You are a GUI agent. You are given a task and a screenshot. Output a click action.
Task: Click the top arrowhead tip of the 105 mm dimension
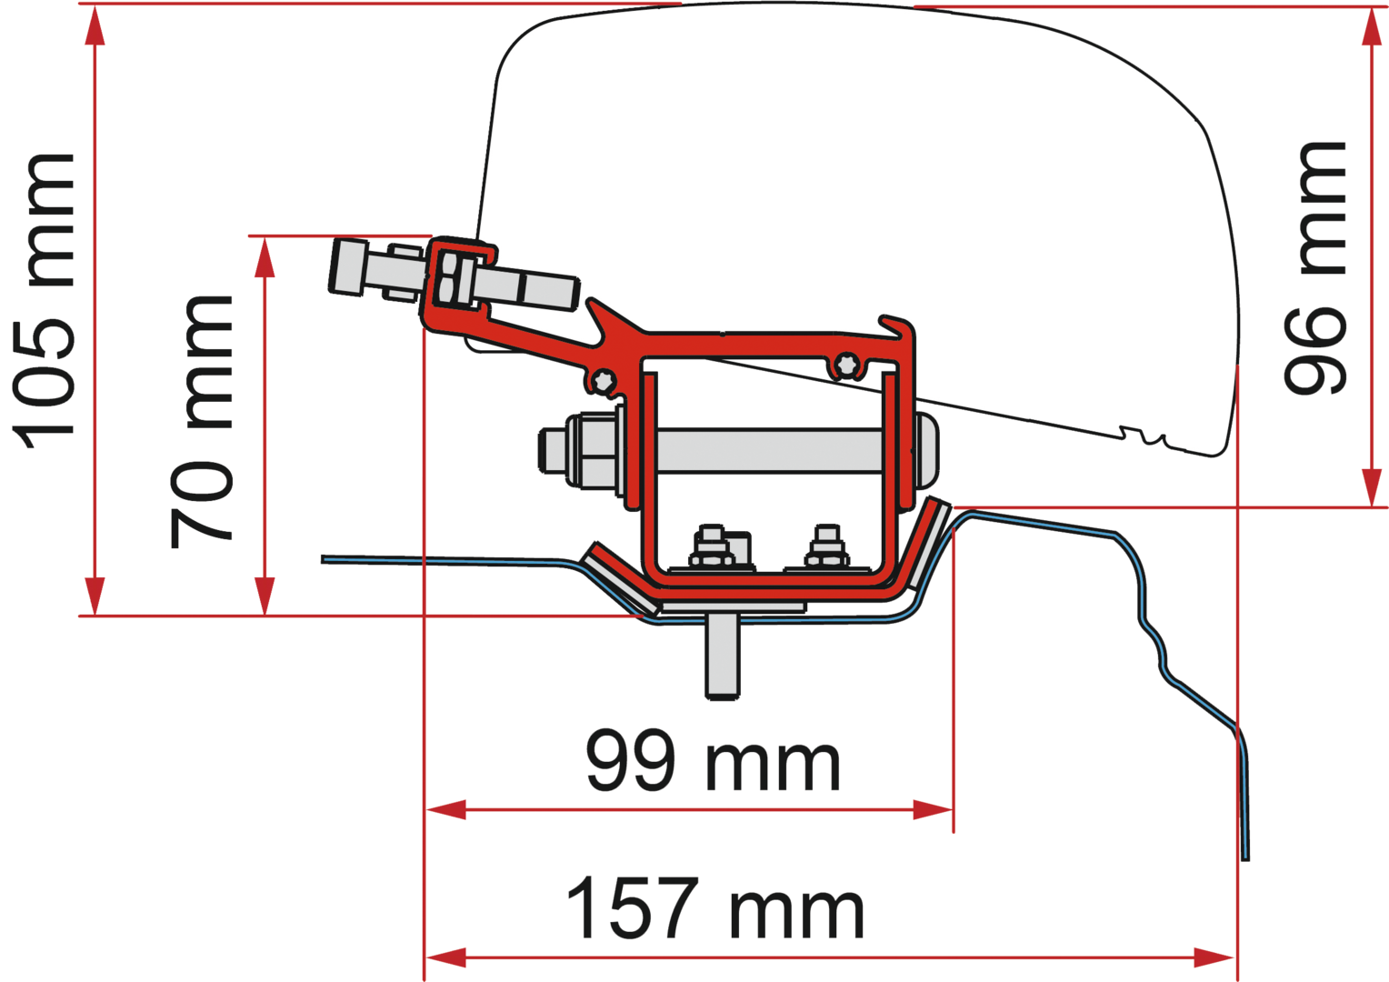click(x=95, y=9)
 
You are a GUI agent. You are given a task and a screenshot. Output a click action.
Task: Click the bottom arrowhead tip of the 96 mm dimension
click(x=1372, y=506)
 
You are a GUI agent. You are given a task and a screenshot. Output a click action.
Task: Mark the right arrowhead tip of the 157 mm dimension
click(x=1234, y=957)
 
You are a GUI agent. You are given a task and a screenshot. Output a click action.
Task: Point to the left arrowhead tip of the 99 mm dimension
click(x=426, y=809)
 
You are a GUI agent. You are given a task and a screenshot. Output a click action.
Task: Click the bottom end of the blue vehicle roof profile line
click(x=1245, y=860)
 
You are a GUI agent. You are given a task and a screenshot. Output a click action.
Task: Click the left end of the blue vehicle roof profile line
click(x=323, y=559)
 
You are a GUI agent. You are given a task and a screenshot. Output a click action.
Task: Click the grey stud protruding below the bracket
click(x=723, y=656)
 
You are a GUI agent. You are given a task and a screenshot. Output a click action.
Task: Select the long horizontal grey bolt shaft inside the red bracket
click(x=770, y=450)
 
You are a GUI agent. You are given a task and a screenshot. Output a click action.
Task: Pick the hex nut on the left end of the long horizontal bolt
click(x=589, y=450)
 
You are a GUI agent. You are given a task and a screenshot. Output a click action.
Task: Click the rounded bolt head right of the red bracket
click(x=925, y=451)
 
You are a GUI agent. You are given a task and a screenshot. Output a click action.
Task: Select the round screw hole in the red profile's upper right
click(x=845, y=364)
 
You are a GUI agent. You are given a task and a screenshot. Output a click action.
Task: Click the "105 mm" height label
click(x=44, y=301)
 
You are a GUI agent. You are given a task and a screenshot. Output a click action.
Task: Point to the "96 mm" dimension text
click(x=1315, y=268)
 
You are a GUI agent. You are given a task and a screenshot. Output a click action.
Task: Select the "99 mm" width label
click(x=713, y=761)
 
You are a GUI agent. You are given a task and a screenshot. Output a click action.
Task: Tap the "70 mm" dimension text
click(x=202, y=422)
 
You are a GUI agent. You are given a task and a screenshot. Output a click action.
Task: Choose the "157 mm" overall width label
click(x=715, y=907)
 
